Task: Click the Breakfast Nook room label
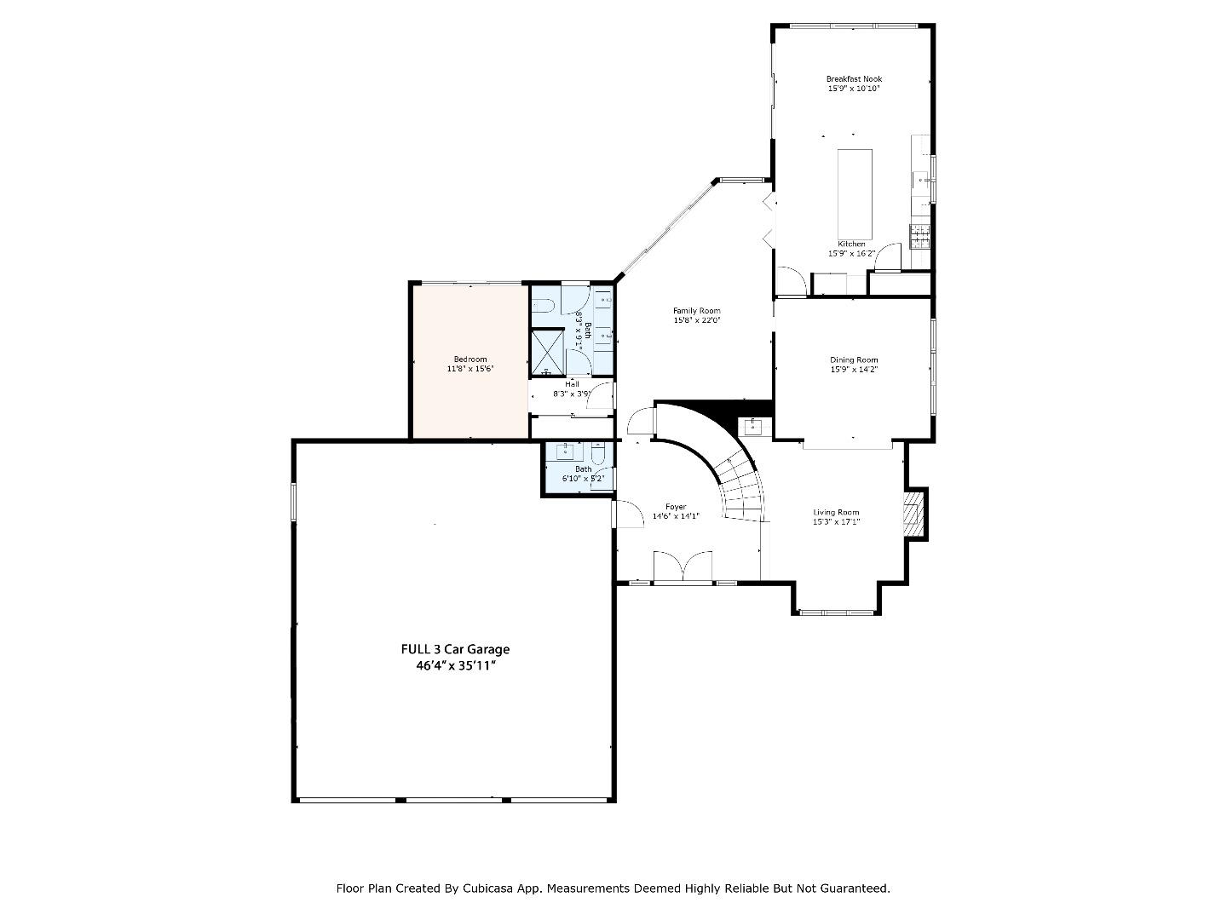coord(854,78)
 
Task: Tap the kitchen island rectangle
coord(855,194)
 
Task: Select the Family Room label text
coord(696,311)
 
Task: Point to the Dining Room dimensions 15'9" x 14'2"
coord(854,369)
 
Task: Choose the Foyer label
coord(676,507)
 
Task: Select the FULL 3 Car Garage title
coord(455,649)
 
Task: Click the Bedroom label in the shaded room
coord(470,359)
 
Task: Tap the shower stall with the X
coord(549,353)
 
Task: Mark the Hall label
coord(572,384)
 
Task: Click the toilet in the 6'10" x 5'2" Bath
coord(597,454)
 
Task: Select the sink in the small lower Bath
coord(566,451)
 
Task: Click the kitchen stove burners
coord(919,236)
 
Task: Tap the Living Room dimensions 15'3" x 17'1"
coord(836,521)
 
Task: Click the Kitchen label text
coord(851,244)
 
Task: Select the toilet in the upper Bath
coord(542,305)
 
